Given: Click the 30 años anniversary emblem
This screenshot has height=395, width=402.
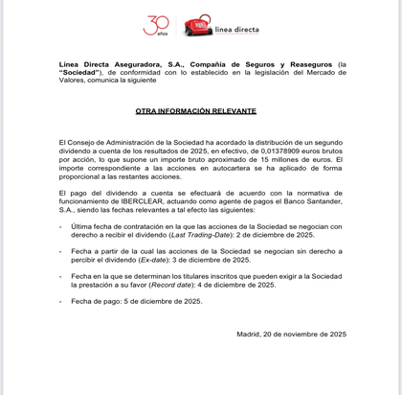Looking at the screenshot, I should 156,26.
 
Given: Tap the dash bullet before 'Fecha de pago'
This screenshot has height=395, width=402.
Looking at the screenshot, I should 60,301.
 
